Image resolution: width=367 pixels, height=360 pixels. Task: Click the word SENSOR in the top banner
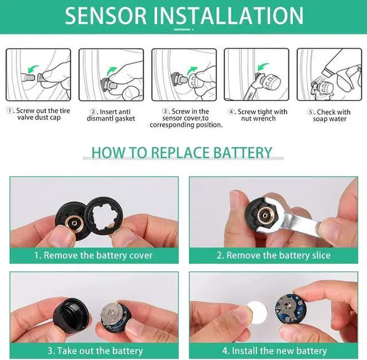pos(106,16)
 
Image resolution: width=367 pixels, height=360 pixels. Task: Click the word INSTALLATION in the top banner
pos(228,16)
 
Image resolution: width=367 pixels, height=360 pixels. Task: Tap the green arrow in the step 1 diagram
pos(33,68)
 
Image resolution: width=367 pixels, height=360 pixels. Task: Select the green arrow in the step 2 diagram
pos(111,71)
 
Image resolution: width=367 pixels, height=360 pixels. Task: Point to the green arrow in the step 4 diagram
pos(263,67)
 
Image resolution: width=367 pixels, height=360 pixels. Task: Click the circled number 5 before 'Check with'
pos(310,112)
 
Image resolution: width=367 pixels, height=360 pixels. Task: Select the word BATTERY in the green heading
pos(243,153)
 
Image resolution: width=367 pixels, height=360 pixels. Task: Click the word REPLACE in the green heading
pos(179,153)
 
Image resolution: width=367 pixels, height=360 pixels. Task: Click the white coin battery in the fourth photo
pos(257,313)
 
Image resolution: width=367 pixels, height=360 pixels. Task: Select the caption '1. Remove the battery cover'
pos(93,256)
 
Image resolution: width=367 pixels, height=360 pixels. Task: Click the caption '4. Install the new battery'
pos(275,351)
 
